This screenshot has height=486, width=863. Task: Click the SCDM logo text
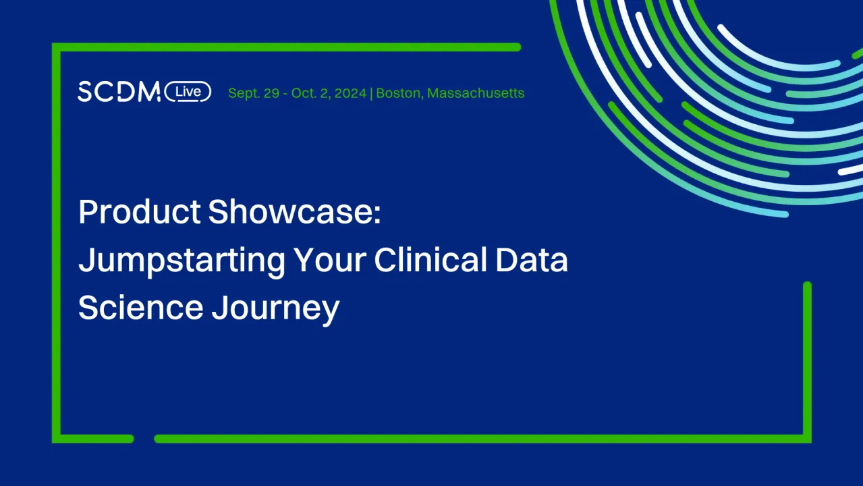click(119, 92)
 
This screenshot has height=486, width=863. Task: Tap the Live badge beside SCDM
click(188, 91)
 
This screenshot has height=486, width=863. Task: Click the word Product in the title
click(140, 213)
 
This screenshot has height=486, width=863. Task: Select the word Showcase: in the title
click(295, 213)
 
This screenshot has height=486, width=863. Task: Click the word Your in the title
click(329, 261)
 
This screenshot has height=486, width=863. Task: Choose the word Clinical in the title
click(430, 261)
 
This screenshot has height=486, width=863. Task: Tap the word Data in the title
click(532, 261)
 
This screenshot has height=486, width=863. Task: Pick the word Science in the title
click(140, 308)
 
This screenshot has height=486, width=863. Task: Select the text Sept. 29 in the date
click(254, 93)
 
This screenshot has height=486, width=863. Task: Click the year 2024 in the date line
click(351, 93)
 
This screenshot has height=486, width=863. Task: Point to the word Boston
click(398, 93)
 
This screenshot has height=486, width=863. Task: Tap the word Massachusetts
click(476, 93)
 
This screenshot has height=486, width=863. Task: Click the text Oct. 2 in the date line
click(309, 93)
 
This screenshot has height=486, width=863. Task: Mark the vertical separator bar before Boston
click(371, 93)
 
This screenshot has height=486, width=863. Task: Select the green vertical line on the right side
click(807, 358)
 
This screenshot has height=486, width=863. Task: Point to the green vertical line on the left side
click(57, 243)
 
